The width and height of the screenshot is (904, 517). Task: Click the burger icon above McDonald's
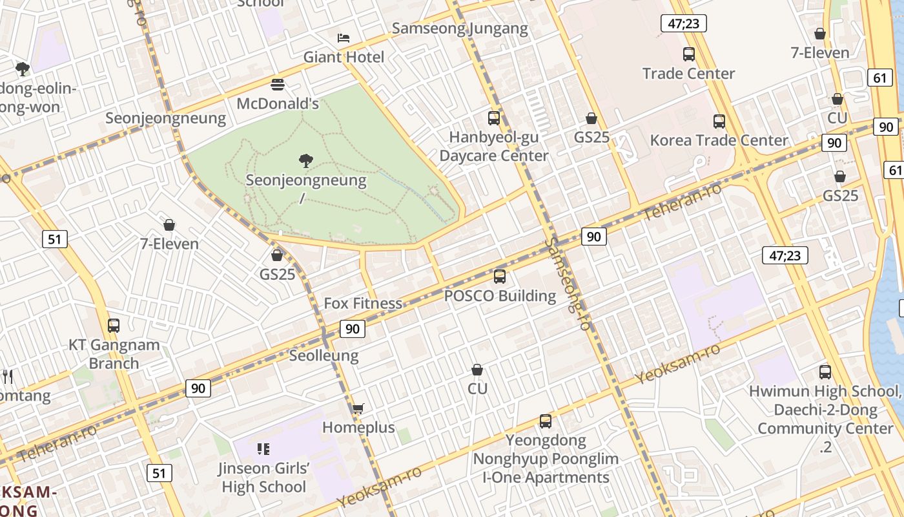278,85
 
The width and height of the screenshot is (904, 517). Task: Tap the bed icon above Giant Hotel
344,38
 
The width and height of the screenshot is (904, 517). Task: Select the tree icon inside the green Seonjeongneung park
306,161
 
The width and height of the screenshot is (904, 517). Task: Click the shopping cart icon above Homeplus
358,408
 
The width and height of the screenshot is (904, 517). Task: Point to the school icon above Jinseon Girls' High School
263,448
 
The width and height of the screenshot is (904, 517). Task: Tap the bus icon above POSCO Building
500,277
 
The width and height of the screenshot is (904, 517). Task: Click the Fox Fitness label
363,303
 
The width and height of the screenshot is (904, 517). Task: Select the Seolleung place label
324,355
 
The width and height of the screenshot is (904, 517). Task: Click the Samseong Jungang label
460,28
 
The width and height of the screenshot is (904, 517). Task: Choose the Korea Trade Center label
719,140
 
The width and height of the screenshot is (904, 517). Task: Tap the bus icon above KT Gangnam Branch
114,326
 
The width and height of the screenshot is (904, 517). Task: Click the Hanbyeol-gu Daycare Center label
494,147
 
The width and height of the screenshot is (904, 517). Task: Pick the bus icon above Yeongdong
546,421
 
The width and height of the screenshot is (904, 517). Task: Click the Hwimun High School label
824,392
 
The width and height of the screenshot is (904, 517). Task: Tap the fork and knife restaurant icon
8,376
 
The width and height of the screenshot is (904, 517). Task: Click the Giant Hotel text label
344,57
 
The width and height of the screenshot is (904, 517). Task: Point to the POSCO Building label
500,296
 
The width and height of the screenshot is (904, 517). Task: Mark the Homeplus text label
358,428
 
